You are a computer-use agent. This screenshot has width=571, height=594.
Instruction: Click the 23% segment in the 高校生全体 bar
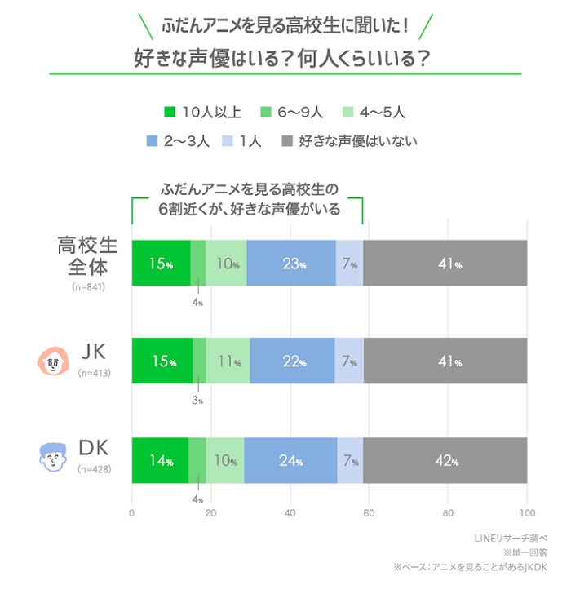click(x=290, y=264)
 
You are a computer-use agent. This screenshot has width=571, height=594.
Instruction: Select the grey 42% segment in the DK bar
click(x=445, y=460)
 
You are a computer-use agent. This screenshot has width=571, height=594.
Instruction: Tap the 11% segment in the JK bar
click(x=228, y=361)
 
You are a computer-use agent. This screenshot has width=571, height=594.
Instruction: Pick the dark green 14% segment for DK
click(x=160, y=460)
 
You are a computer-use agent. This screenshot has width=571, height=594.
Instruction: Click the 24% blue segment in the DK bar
click(x=290, y=460)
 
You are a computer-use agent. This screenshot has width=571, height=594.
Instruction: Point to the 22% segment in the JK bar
click(x=292, y=361)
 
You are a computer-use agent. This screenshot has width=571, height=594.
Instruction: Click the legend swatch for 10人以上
click(x=170, y=111)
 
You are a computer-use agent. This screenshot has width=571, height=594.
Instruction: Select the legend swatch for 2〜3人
click(x=151, y=141)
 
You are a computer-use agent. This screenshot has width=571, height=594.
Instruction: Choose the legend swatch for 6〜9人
click(x=265, y=111)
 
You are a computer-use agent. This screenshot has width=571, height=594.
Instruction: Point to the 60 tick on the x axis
click(x=369, y=513)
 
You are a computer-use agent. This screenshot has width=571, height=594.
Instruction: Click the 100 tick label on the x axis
click(x=526, y=513)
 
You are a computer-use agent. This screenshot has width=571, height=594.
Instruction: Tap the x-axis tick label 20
click(x=210, y=513)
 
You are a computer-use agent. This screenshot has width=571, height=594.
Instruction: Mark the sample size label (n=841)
click(x=89, y=286)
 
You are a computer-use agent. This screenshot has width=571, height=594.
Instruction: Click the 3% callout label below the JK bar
click(x=197, y=401)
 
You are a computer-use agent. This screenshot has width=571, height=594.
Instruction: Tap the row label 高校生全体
click(x=89, y=254)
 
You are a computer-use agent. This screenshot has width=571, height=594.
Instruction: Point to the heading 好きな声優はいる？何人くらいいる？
click(x=282, y=60)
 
